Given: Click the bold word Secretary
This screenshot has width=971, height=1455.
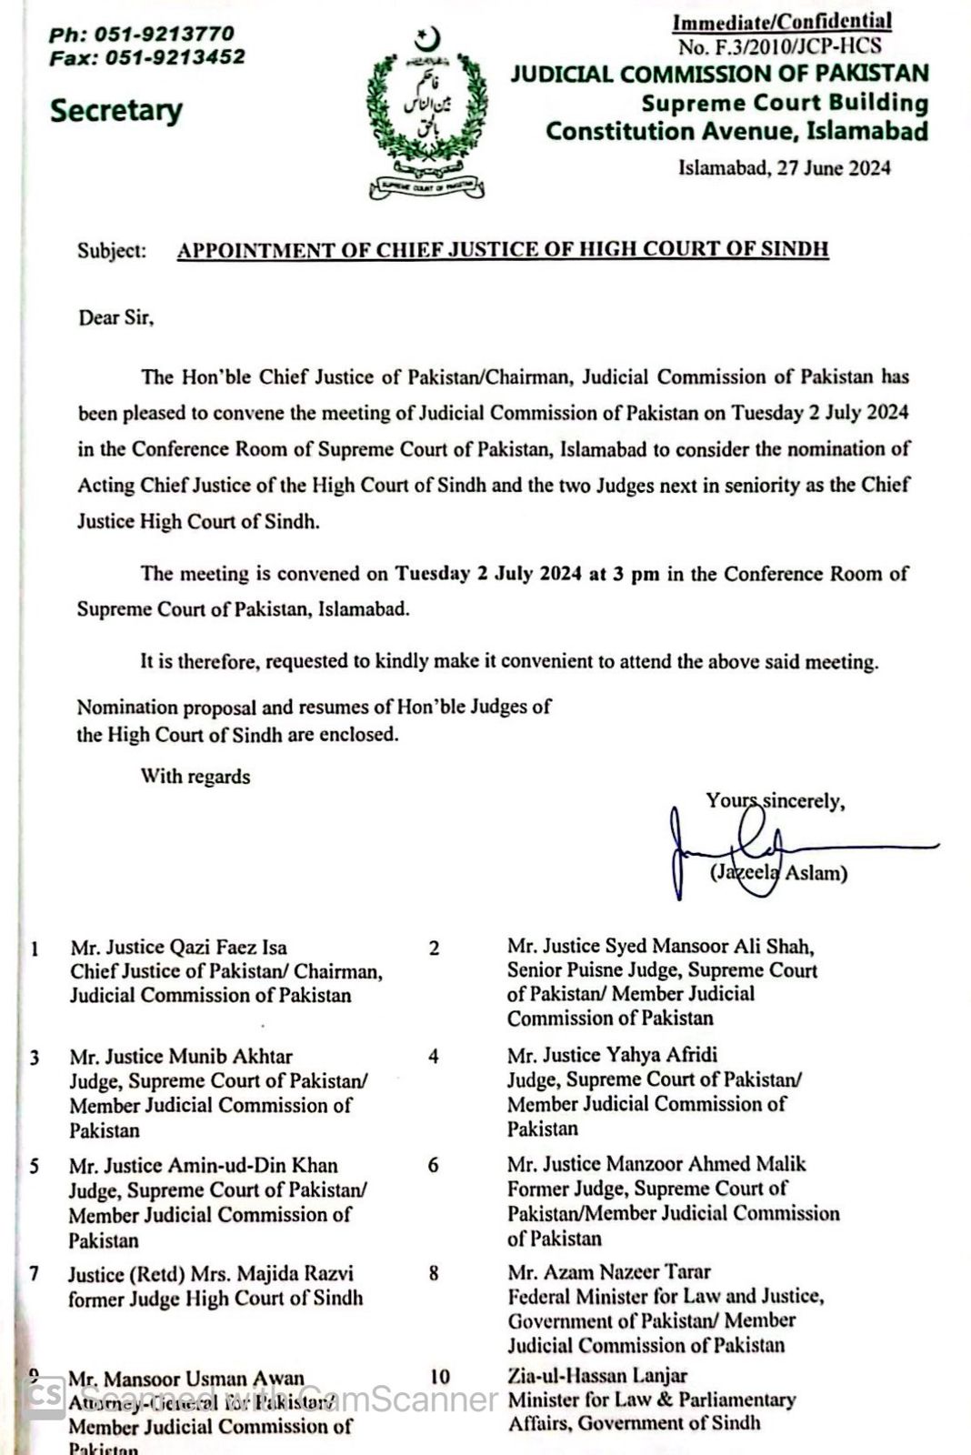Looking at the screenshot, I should point(116,111).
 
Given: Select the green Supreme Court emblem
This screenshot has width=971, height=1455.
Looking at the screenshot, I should point(425,113).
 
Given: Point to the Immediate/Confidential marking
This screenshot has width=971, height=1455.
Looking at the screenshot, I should point(782,21).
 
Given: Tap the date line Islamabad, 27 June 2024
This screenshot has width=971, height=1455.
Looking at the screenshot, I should point(784,167).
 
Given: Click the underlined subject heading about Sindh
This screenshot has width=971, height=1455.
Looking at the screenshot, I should point(502,250).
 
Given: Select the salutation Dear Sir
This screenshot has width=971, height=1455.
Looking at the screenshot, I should point(115,318).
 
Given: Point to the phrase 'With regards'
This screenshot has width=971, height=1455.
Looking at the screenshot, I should point(195,776).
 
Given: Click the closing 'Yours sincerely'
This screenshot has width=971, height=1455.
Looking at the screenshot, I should point(775,801).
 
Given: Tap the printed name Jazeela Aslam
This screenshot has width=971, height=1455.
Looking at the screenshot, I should point(779,873).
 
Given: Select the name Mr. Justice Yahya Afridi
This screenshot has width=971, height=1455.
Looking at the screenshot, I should point(612,1055).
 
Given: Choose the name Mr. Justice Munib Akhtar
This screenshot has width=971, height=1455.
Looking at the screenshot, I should point(181,1057).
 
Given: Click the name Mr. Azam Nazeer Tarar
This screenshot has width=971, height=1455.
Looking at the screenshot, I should point(609,1272).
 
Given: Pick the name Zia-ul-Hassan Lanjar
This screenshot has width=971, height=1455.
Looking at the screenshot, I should point(597,1376).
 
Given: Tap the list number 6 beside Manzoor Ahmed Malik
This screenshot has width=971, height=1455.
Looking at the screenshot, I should point(433,1165).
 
